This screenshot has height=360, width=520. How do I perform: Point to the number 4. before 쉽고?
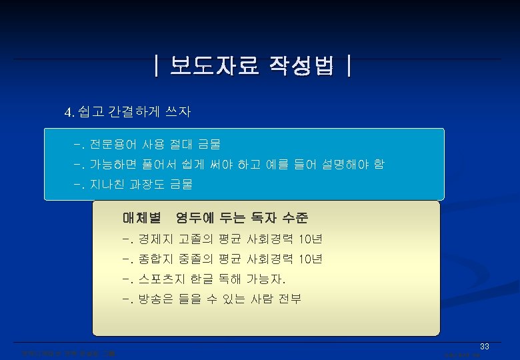point(69,112)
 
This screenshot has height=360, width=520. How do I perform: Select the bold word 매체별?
point(142,217)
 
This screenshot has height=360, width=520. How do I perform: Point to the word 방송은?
point(155,299)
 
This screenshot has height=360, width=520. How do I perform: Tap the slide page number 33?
point(485,347)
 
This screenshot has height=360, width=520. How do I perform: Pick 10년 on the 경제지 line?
point(311,239)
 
